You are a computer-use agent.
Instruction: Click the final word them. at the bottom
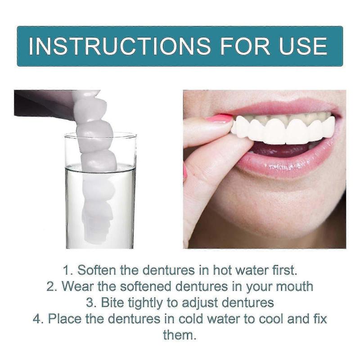(180, 335)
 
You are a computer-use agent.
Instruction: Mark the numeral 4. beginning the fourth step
(38, 319)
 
